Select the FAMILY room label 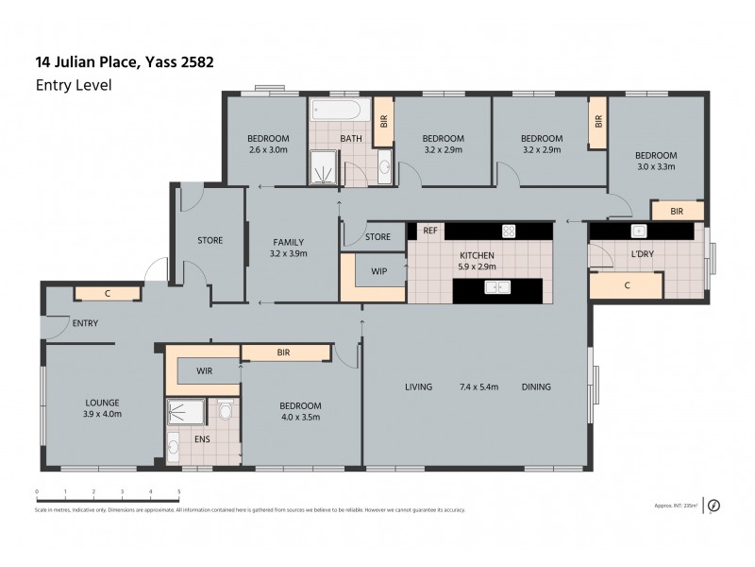[289, 242]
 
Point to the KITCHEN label [477, 255]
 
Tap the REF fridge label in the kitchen [429, 231]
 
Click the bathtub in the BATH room [334, 110]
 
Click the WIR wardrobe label [205, 371]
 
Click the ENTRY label [85, 324]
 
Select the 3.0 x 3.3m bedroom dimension [655, 167]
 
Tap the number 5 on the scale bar [179, 492]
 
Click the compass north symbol [713, 505]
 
